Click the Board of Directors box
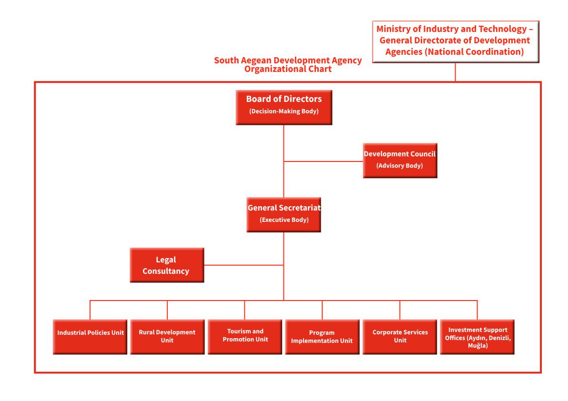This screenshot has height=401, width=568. pyautogui.click(x=284, y=108)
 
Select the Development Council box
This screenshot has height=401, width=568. pyautogui.click(x=400, y=160)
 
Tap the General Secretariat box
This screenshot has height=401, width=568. pyautogui.click(x=284, y=215)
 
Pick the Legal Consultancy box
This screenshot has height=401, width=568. pyautogui.click(x=167, y=265)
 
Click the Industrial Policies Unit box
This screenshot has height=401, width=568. pyautogui.click(x=90, y=337)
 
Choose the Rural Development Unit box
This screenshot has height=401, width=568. pyautogui.click(x=167, y=337)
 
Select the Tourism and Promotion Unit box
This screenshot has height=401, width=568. pyautogui.click(x=245, y=337)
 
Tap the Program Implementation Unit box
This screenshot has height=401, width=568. pyautogui.click(x=323, y=337)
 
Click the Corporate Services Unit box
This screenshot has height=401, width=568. pyautogui.click(x=400, y=337)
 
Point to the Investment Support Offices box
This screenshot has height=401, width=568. pyautogui.click(x=477, y=337)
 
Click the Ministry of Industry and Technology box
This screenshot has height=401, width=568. pyautogui.click(x=456, y=41)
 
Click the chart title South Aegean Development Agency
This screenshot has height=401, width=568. pyautogui.click(x=288, y=60)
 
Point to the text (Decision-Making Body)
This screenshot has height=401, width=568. pyautogui.click(x=284, y=111)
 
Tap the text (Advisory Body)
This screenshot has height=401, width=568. pyautogui.click(x=400, y=166)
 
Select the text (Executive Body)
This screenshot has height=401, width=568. pyautogui.click(x=284, y=220)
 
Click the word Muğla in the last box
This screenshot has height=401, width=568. pyautogui.click(x=478, y=346)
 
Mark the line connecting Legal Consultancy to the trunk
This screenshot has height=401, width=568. pyautogui.click(x=244, y=265)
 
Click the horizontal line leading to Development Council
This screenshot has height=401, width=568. pyautogui.click(x=324, y=161)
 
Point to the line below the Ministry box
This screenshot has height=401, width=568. pyautogui.click(x=456, y=72)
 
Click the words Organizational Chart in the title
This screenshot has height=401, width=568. pyautogui.click(x=288, y=69)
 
